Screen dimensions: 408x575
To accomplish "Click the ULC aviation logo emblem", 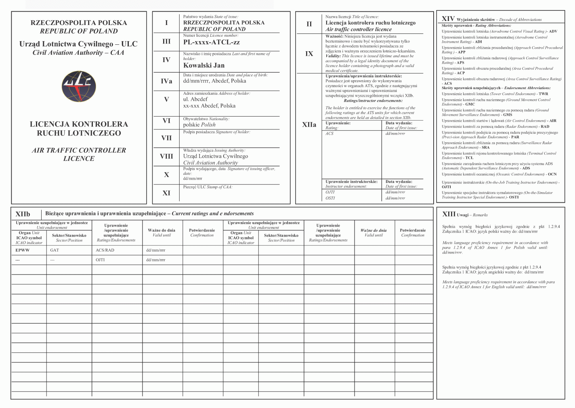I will (x=79, y=86).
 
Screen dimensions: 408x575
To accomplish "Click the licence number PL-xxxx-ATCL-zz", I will (x=211, y=42).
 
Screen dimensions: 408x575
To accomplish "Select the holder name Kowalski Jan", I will (x=204, y=65).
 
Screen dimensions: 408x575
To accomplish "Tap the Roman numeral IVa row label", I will (x=166, y=81).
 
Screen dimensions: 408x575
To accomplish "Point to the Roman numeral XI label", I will (x=166, y=193).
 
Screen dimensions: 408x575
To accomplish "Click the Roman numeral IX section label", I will (x=309, y=54).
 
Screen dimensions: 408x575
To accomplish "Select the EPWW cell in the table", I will (x=23, y=250).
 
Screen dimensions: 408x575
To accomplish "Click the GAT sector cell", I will (x=55, y=250).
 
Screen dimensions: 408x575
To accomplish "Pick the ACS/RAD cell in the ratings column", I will (x=105, y=250).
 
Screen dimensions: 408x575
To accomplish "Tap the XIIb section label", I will (x=23, y=214).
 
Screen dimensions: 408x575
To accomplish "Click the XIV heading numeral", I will (x=448, y=19).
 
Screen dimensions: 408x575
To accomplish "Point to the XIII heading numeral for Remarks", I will (x=449, y=214).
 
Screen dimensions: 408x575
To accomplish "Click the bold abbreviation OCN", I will (x=552, y=175).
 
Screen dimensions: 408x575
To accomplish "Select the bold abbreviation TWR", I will (x=543, y=94).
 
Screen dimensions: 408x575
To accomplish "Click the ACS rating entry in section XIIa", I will (x=329, y=133).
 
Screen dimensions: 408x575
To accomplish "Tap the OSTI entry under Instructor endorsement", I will (x=330, y=198).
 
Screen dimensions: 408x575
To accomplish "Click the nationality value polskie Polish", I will (x=199, y=125).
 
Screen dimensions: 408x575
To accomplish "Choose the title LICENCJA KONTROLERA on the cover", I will (x=79, y=124).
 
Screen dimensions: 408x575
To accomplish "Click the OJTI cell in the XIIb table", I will (x=100, y=260).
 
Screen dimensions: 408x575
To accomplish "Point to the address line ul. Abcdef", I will (x=195, y=99).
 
